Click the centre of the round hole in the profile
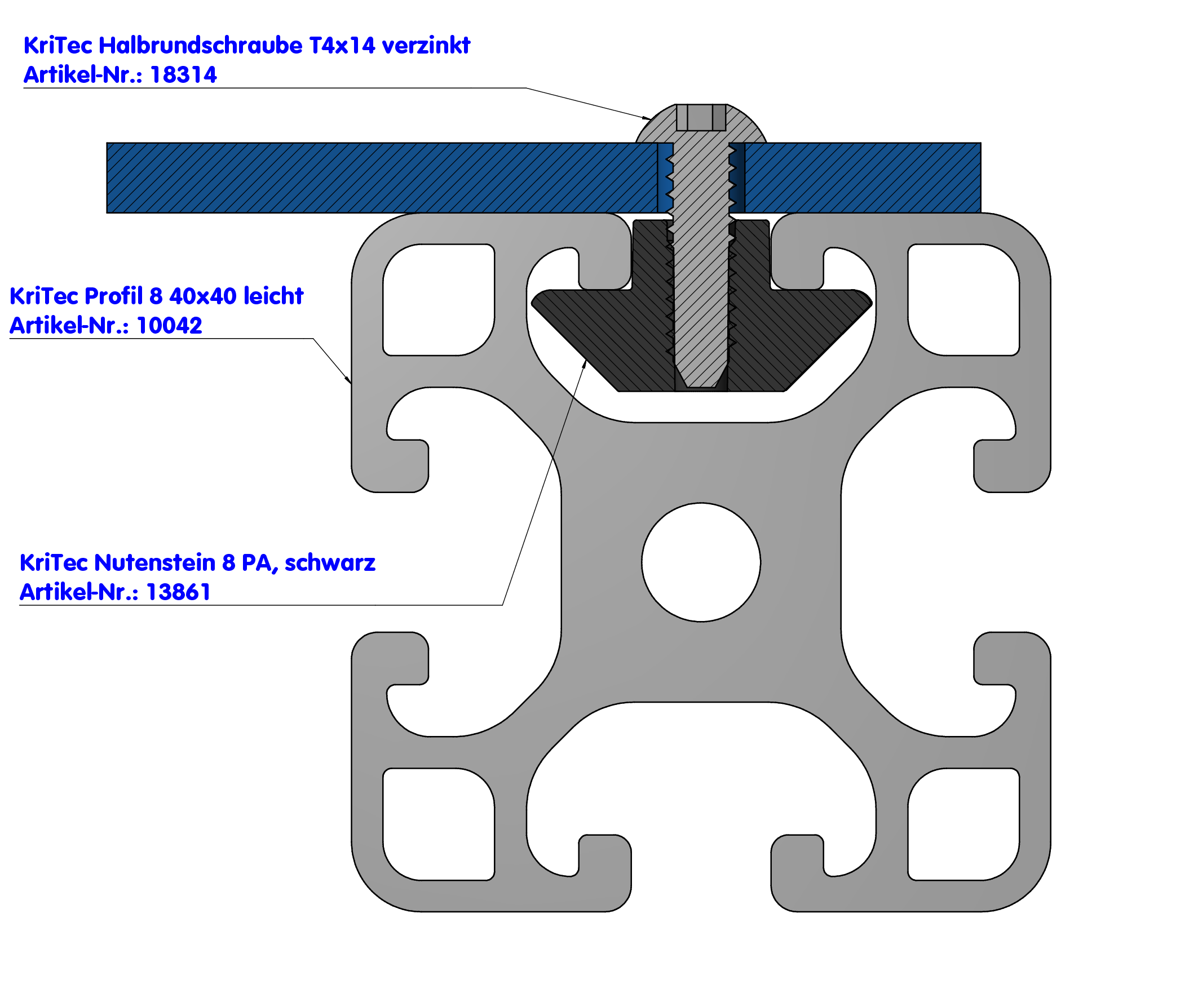coord(701,562)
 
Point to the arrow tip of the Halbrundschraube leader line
coord(651,119)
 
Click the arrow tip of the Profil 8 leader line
coord(351,383)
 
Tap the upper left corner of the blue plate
coord(107,143)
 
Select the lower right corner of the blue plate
coord(980,212)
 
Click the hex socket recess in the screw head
coord(701,117)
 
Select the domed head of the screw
coord(701,123)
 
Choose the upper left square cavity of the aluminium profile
coord(439,300)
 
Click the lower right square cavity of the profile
coord(963,824)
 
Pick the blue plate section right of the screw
coord(863,178)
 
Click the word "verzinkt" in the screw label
coord(426,46)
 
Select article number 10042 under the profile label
coord(170,326)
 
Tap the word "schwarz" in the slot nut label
coord(330,563)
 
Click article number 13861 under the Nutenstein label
coord(178,592)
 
